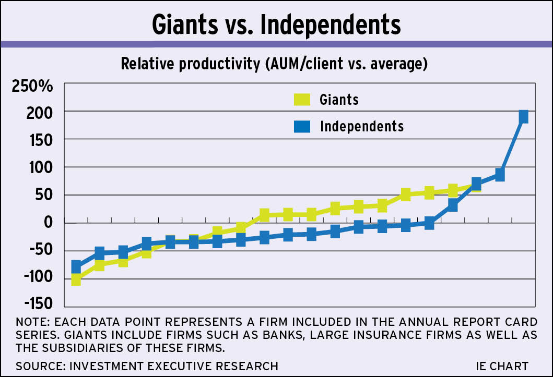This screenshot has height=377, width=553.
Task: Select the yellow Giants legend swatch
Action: (302, 99)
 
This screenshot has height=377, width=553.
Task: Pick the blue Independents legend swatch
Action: (302, 126)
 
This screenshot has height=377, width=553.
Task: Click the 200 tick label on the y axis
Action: (40, 112)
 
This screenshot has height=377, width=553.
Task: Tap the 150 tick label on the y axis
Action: (40, 140)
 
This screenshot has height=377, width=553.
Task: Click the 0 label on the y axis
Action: (48, 223)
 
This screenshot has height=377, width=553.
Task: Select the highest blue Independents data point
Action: (523, 117)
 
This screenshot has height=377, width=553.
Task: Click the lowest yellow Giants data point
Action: (76, 280)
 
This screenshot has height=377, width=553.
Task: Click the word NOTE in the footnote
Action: (33, 320)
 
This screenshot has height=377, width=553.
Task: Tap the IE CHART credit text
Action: (502, 366)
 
